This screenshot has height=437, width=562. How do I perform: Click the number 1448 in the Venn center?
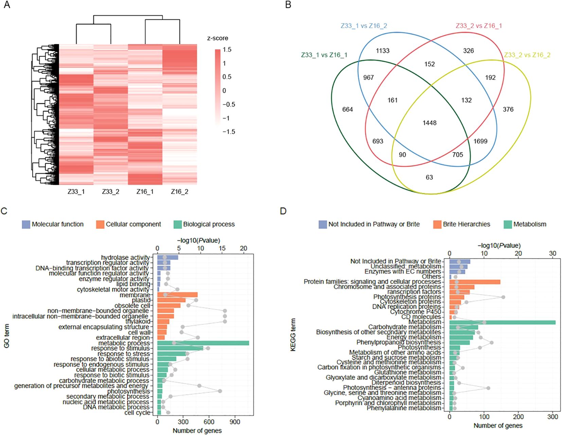(x=429, y=123)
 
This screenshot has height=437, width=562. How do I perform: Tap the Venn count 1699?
(x=480, y=141)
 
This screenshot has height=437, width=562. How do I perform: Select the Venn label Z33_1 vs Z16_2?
(x=364, y=26)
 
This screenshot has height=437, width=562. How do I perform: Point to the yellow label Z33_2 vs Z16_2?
(x=527, y=55)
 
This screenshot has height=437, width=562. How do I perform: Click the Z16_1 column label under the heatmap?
(x=145, y=192)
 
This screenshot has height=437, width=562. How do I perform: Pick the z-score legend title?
(x=217, y=38)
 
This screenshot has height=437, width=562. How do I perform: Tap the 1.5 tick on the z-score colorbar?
(x=227, y=50)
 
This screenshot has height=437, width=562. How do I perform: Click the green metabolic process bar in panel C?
(x=203, y=343)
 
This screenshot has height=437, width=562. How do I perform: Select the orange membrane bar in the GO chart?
(x=177, y=295)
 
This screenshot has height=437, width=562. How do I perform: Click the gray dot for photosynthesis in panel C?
(x=220, y=391)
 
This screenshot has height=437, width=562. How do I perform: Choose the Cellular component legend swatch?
(x=100, y=224)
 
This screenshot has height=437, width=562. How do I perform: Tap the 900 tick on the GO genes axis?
(x=235, y=422)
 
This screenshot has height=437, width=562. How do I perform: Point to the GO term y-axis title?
(x=6, y=336)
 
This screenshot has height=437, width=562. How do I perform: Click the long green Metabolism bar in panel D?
(x=502, y=322)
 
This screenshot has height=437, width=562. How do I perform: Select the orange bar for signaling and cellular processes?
(x=475, y=282)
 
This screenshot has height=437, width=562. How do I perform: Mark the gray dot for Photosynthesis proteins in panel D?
(x=503, y=297)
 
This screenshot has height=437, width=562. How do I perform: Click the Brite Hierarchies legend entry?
(x=466, y=224)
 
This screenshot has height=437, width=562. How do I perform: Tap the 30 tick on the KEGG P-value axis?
(x=552, y=254)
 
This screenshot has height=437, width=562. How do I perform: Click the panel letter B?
(x=288, y=5)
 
